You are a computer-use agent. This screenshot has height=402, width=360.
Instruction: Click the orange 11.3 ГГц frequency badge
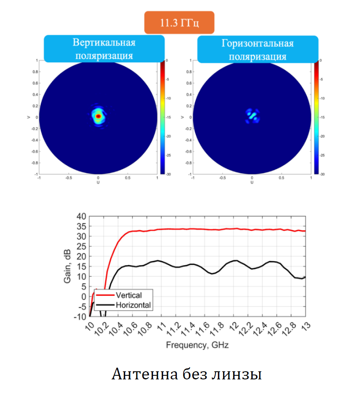pyautogui.click(x=179, y=23)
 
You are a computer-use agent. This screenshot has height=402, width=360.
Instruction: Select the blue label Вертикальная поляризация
pyautogui.click(x=104, y=49)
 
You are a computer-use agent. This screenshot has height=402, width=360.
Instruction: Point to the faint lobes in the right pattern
pyautogui.click(x=252, y=116)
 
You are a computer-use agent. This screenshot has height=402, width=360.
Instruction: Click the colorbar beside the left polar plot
pyautogui.click(x=163, y=117)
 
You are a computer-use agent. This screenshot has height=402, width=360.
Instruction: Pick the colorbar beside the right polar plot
pyautogui.click(x=316, y=117)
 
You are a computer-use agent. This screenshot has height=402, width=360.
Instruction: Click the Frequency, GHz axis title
pyautogui.click(x=197, y=345)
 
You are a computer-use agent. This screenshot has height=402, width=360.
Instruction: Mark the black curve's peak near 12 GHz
pyautogui.click(x=235, y=261)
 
